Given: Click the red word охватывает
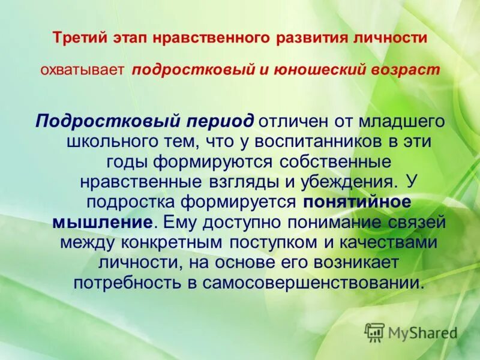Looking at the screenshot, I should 82,70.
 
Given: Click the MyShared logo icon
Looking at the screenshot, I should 374,332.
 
